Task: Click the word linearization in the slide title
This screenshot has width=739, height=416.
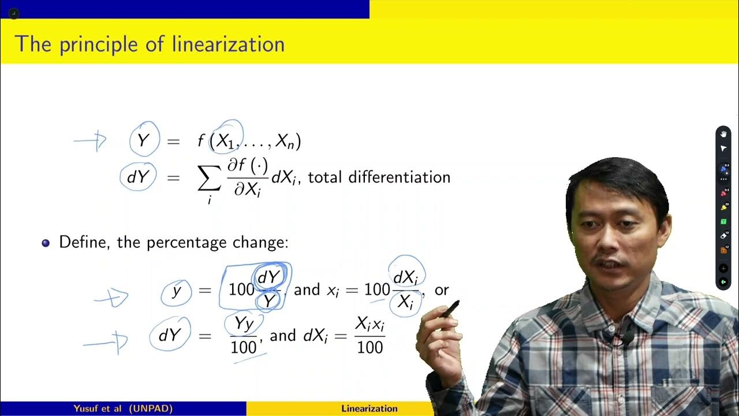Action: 228,44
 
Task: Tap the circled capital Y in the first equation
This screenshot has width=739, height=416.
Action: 143,140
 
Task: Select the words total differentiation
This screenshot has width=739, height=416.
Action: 379,177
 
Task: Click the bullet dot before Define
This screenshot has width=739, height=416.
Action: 46,243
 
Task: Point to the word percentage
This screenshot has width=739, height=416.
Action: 184,242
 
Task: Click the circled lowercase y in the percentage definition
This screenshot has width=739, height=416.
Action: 177,292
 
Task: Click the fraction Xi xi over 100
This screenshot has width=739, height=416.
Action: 369,335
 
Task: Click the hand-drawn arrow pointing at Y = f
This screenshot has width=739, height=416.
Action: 91,140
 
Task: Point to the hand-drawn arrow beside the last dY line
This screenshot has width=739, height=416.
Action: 104,342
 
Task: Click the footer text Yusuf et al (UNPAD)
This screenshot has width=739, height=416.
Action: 123,408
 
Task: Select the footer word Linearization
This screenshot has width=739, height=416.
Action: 369,408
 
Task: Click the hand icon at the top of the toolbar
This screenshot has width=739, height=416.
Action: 723,134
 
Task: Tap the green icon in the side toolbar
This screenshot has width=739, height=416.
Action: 723,222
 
